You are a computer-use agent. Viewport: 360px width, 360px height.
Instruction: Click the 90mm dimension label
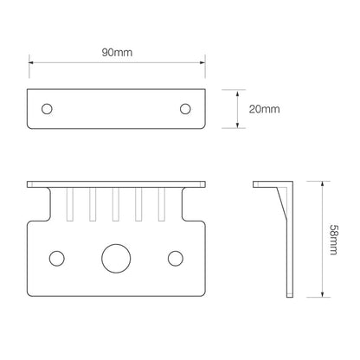[x=117, y=53]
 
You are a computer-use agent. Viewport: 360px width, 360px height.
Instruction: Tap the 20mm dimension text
[x=265, y=109]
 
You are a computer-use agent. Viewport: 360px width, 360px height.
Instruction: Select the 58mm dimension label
[x=333, y=240]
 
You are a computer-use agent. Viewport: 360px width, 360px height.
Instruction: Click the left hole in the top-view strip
[x=47, y=109]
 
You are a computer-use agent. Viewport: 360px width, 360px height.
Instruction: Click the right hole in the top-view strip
[x=185, y=109]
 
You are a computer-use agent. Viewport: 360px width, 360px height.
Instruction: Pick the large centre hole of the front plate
[x=116, y=259]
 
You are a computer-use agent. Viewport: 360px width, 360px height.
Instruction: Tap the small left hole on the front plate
[x=57, y=258]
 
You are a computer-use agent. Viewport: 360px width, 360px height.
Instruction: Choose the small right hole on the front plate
[x=176, y=258]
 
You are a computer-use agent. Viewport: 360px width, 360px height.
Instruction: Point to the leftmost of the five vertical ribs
[x=70, y=204]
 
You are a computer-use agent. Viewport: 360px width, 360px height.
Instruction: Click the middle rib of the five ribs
[x=116, y=204]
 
